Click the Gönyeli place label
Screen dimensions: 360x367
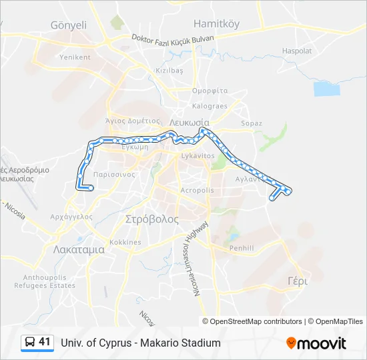(69, 25)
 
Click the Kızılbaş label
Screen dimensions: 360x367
(169, 70)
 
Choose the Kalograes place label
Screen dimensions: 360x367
(210, 106)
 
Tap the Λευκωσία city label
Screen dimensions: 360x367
(190, 123)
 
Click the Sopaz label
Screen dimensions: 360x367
(252, 123)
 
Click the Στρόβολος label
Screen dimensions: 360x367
(152, 219)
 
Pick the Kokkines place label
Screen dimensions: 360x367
(125, 242)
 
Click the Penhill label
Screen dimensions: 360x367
(242, 248)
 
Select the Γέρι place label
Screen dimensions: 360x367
(298, 281)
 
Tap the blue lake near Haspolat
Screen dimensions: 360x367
(327, 89)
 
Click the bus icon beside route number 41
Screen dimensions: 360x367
(29, 343)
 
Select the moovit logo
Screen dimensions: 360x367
(316, 343)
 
